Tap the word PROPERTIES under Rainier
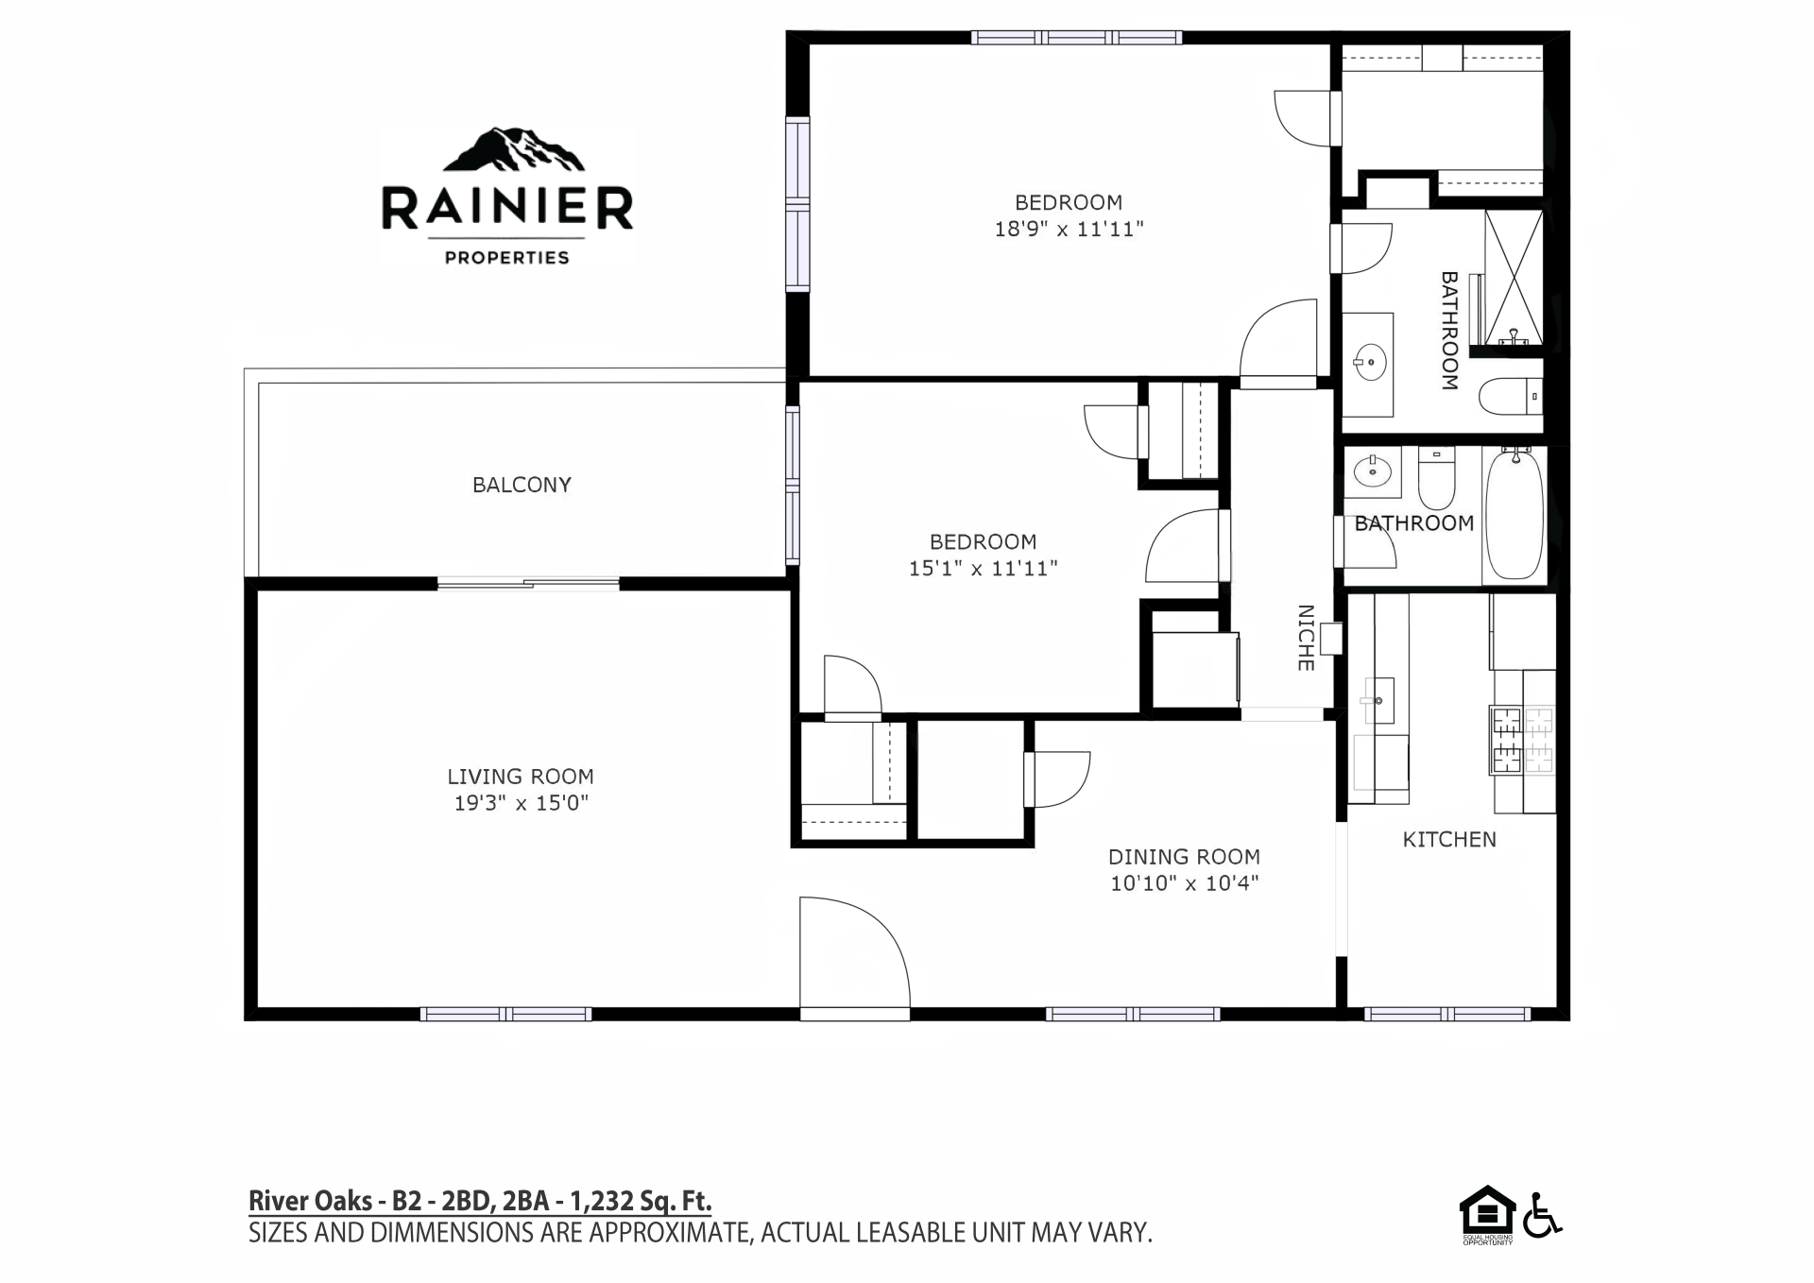click(x=507, y=257)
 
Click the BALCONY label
click(x=522, y=485)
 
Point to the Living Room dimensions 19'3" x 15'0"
click(x=521, y=803)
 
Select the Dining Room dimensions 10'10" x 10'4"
click(x=1184, y=883)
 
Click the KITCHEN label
click(x=1449, y=839)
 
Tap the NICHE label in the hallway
click(x=1306, y=638)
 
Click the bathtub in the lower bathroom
click(x=1515, y=515)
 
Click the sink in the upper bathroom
click(x=1368, y=361)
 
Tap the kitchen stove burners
click(x=1522, y=739)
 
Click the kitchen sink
click(x=1379, y=700)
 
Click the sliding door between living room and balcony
click(x=528, y=583)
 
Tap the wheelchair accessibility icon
click(x=1542, y=1215)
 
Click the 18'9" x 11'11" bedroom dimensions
click(x=1069, y=229)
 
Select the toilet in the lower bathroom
click(x=1436, y=479)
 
